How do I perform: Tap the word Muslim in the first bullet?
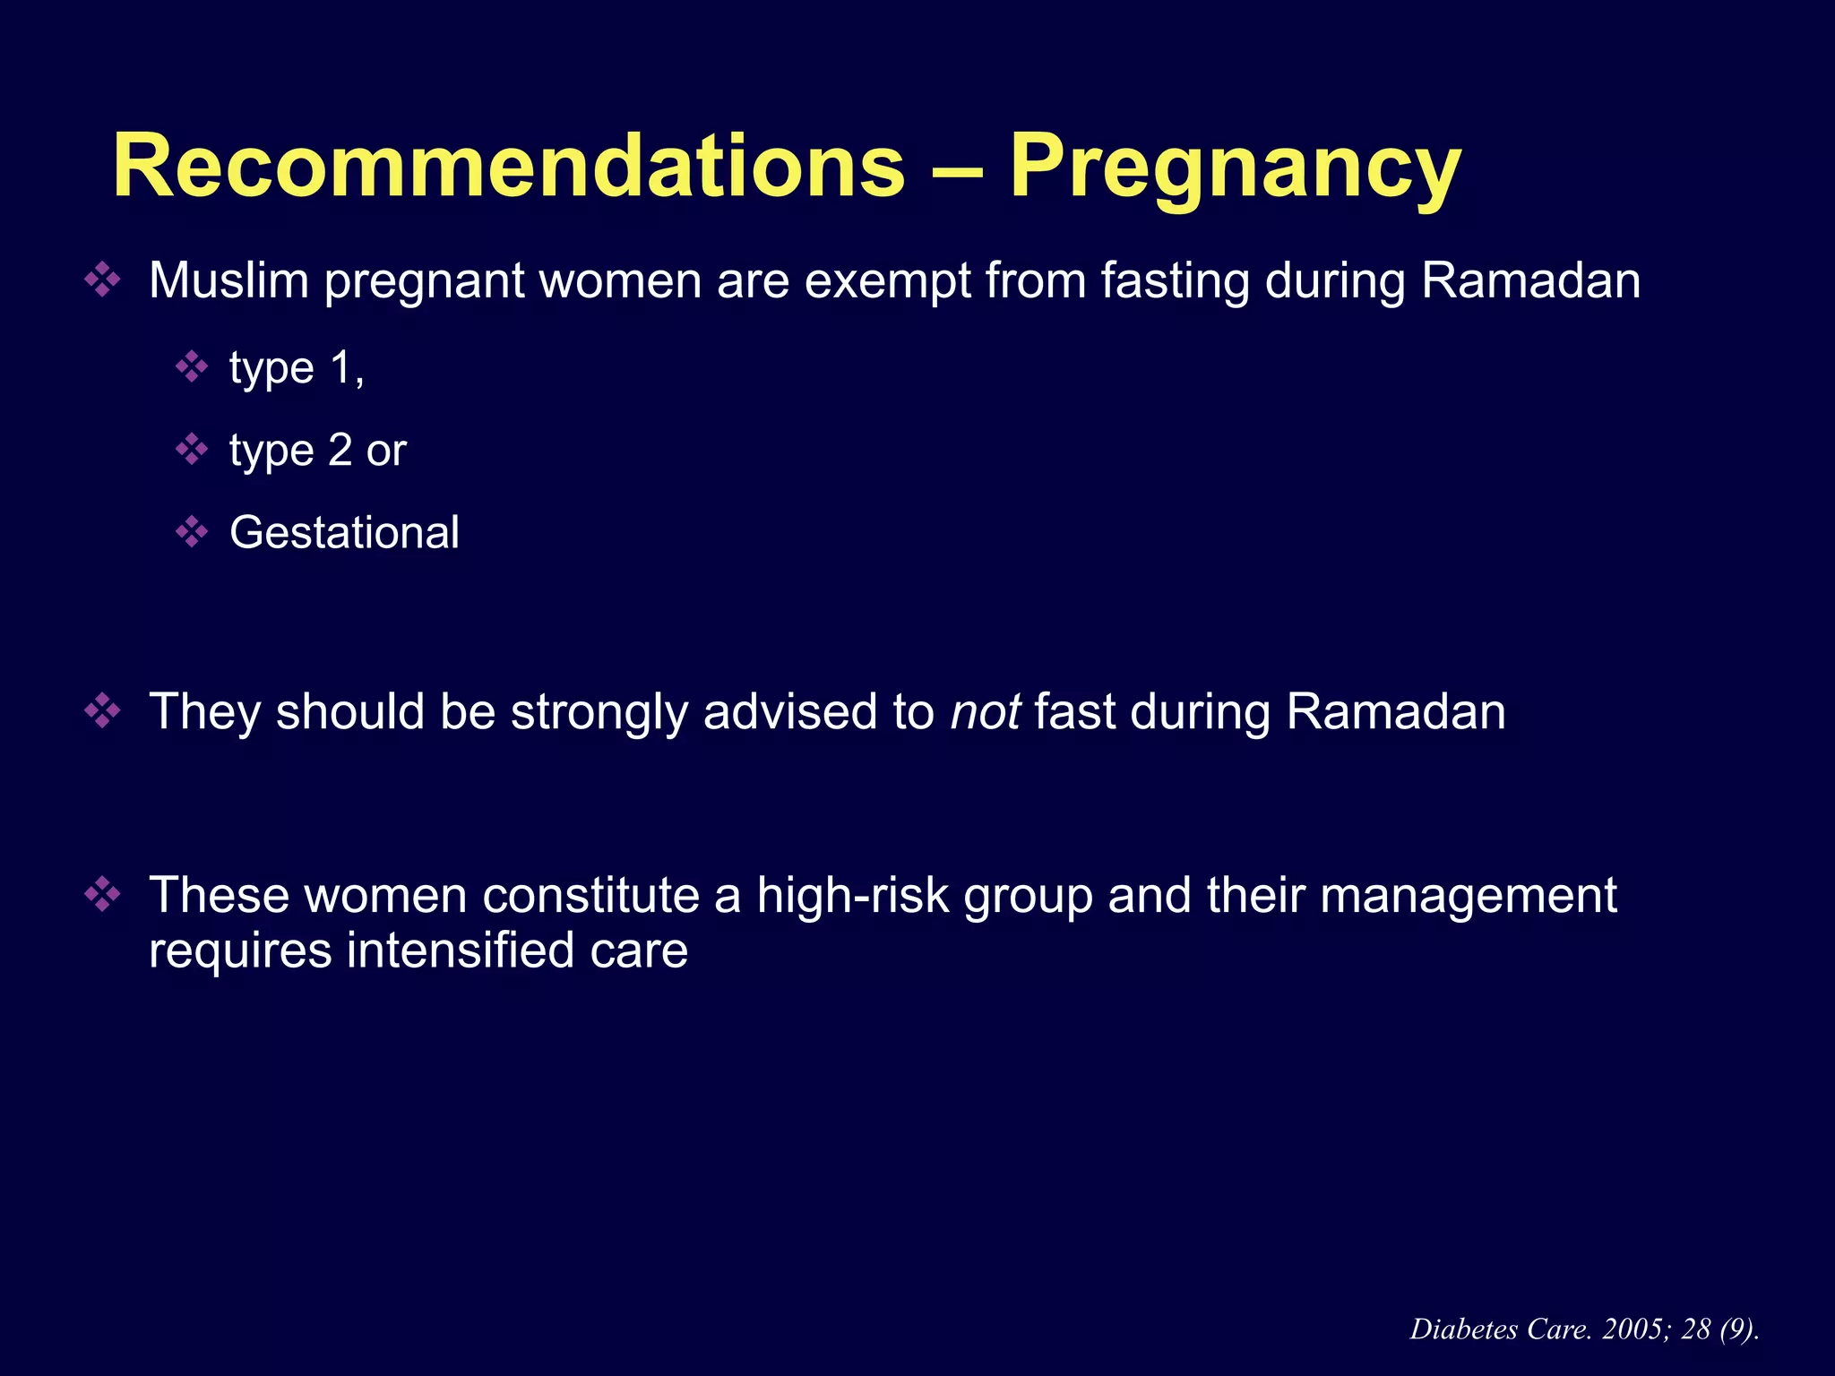tap(228, 280)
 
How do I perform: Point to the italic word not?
tap(985, 712)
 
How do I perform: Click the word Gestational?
tap(344, 533)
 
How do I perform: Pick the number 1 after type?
tap(340, 368)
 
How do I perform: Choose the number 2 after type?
tap(340, 451)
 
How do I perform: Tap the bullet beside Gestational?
tap(192, 532)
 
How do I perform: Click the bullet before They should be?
tap(102, 712)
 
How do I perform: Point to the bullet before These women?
tap(102, 895)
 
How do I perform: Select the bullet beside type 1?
tap(192, 367)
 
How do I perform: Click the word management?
tap(1469, 896)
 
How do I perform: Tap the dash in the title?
tap(957, 168)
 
